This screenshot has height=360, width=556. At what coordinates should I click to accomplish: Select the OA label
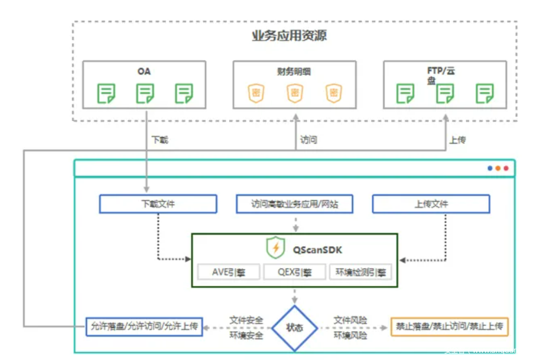[x=144, y=71]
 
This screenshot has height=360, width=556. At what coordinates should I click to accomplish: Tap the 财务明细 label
[x=294, y=71]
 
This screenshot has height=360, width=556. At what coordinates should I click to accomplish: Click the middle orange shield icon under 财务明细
[x=295, y=93]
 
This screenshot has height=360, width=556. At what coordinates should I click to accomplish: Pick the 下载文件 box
[x=158, y=204]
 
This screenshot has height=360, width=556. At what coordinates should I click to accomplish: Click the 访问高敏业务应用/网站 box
[x=295, y=204]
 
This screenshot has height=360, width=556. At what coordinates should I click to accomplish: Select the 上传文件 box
[x=431, y=204]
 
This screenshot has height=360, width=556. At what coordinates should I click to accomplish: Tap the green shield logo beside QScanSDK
[x=276, y=248]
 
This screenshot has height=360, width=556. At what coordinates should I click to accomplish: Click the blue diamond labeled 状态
[x=295, y=328]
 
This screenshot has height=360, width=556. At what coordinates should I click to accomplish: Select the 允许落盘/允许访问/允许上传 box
[x=145, y=327]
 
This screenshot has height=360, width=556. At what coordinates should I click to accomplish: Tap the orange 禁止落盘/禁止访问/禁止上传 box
[x=449, y=327]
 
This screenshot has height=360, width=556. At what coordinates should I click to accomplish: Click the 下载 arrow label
[x=160, y=140]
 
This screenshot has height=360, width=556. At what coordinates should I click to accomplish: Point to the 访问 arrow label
[x=308, y=140]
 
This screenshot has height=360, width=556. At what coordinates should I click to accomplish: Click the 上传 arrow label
[x=457, y=140]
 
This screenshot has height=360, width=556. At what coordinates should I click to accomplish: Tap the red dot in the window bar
[x=506, y=168]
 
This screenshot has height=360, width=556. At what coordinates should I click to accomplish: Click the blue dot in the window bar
[x=490, y=168]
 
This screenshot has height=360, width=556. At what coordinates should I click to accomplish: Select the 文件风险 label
[x=350, y=320]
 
